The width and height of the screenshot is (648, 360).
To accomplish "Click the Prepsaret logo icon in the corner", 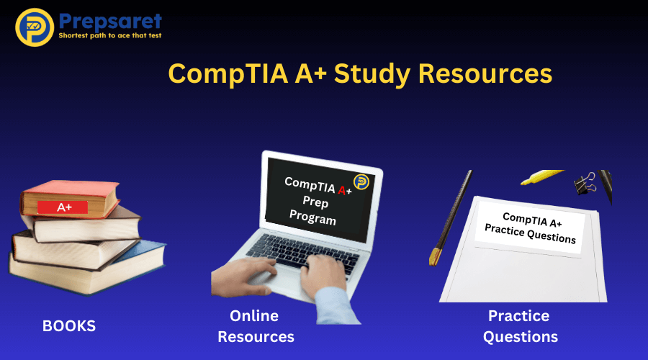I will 34,27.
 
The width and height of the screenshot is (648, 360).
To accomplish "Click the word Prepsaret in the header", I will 109,20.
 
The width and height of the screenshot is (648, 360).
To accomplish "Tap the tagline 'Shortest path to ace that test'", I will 109,35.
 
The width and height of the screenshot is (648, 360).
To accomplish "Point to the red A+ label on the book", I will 65,207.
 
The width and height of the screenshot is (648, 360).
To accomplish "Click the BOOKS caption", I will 69,325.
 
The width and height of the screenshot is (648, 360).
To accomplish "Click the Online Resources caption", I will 256,326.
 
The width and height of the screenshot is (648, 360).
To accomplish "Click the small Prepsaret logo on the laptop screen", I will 360,181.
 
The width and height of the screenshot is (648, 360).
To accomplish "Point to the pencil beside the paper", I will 451,216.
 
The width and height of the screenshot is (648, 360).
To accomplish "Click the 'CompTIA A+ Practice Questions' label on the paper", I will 530,227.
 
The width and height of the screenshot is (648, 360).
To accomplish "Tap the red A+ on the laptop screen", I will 343,189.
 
